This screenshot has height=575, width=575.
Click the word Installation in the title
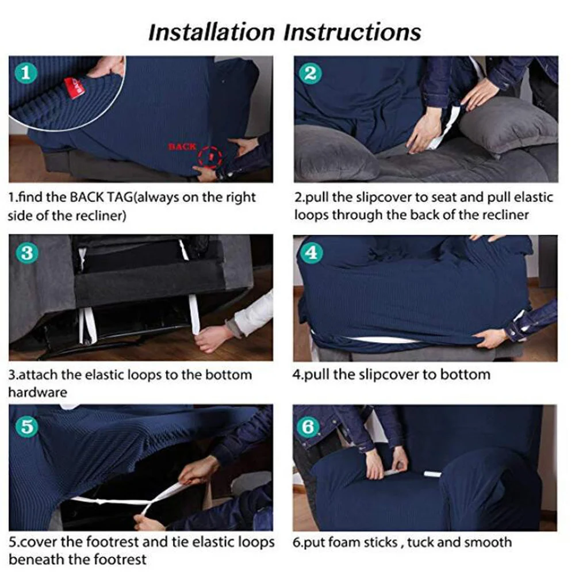coord(212,32)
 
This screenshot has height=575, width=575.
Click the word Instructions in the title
coord(352,32)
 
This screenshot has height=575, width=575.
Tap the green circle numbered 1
coord(26,72)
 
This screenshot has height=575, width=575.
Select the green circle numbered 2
coord(310,74)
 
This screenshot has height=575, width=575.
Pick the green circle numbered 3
coord(27,252)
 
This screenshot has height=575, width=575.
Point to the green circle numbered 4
coord(311,252)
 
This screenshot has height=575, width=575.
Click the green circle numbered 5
coord(27,427)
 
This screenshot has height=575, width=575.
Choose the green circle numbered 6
coord(308,427)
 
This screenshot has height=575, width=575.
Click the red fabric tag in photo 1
coord(73,88)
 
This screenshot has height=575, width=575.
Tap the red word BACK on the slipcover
coord(182,147)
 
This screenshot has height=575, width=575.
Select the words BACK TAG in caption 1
coord(101,198)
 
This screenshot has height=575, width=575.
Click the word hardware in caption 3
coord(38,392)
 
